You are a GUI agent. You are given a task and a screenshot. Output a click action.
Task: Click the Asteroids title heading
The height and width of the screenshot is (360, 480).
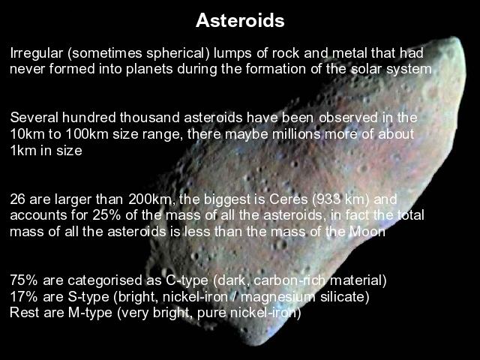[240, 20]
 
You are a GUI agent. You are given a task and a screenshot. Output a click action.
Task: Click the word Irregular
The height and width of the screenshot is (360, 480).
[37, 54]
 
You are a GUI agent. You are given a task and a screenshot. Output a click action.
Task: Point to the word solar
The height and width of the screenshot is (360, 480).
[366, 68]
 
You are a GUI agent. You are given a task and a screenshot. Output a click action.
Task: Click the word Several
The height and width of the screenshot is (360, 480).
[34, 118]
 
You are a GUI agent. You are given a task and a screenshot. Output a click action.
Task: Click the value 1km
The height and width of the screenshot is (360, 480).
[23, 151]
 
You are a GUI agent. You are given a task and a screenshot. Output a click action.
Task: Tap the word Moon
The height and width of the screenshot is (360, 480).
[367, 232]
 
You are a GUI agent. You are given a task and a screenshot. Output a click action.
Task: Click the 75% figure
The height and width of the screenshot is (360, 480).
[24, 280]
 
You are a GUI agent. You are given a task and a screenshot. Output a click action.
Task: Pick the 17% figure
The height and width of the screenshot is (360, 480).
[24, 297]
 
